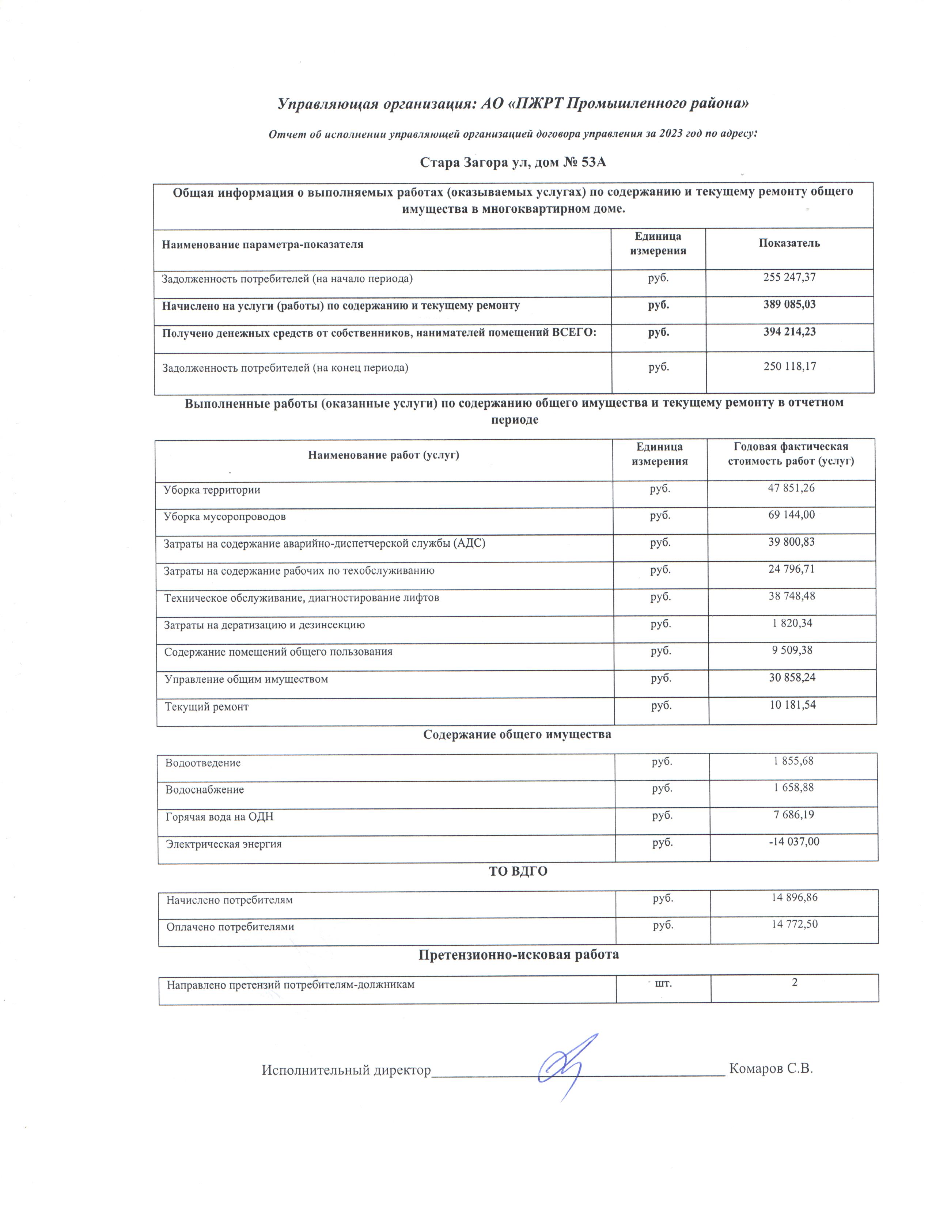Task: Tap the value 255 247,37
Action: point(789,278)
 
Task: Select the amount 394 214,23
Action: point(789,332)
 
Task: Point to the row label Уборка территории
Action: point(212,490)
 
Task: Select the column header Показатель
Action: point(789,243)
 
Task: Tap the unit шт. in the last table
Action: point(663,982)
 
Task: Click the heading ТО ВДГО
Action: point(518,871)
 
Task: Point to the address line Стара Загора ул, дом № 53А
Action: point(513,162)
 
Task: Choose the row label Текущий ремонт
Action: point(207,707)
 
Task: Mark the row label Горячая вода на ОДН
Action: point(220,817)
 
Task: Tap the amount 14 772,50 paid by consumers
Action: point(794,924)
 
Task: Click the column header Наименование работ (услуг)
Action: point(384,455)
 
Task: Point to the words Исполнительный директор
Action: point(346,1070)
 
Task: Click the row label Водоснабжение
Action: point(205,790)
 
